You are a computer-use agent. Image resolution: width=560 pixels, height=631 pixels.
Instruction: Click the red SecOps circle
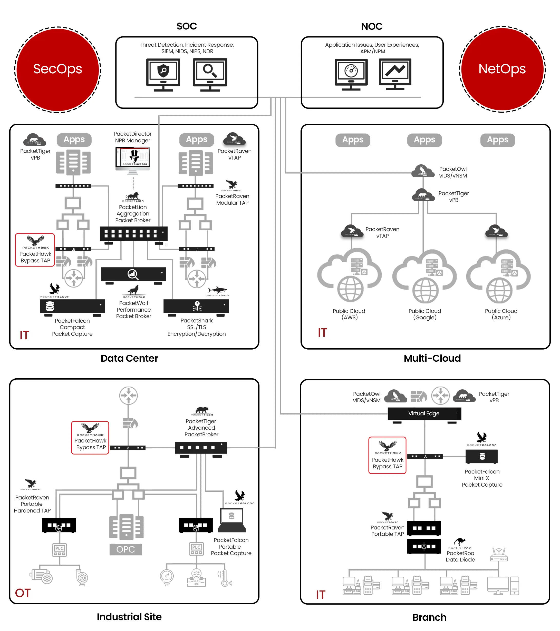point(58,69)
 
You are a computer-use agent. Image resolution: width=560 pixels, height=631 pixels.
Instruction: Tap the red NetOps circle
point(502,69)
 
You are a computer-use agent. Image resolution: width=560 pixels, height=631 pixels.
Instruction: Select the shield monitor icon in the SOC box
point(163,74)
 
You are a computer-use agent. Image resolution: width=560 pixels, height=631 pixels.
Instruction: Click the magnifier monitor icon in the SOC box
point(210,74)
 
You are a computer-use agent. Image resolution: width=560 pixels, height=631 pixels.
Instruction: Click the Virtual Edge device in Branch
point(424,414)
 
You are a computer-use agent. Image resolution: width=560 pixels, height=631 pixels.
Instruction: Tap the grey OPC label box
point(126,549)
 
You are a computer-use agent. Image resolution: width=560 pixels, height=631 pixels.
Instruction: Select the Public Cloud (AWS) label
point(349,314)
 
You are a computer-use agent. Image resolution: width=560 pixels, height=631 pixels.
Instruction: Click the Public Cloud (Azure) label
point(501,314)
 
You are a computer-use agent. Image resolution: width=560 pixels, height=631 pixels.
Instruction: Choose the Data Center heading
point(129,358)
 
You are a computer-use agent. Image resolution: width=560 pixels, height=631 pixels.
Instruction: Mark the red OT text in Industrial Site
point(23,593)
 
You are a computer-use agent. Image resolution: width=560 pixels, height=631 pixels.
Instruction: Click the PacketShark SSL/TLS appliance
point(196,307)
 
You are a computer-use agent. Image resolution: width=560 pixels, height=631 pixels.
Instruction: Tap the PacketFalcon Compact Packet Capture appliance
point(72,307)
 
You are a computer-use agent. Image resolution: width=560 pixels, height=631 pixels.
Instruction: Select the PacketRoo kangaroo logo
point(460,542)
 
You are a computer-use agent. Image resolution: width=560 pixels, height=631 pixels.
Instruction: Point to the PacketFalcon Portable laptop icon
point(232,520)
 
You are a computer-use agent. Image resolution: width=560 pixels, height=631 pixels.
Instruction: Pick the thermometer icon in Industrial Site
point(225,578)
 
